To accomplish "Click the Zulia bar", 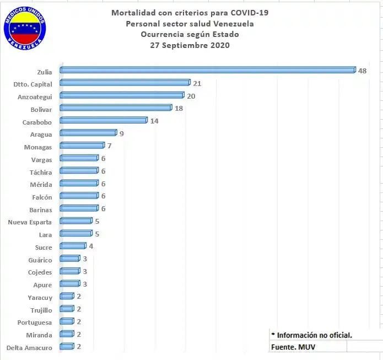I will (x=207, y=70).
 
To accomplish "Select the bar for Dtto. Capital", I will (x=125, y=83).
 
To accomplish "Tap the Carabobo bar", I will (x=104, y=120).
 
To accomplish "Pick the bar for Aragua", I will (x=88, y=133).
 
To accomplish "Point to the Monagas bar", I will (x=82, y=146).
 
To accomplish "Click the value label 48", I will (x=362, y=71).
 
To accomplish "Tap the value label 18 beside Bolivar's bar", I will (x=179, y=108).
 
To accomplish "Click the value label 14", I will (x=154, y=121).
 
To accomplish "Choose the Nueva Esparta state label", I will (x=30, y=222).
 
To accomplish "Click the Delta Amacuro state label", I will (x=29, y=347).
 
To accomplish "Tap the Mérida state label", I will (x=41, y=184).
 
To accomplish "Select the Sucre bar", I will (x=73, y=246).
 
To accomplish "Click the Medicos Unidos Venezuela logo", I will (x=25, y=28).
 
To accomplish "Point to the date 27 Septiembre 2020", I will (x=190, y=46).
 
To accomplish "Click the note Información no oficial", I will (x=312, y=335).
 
